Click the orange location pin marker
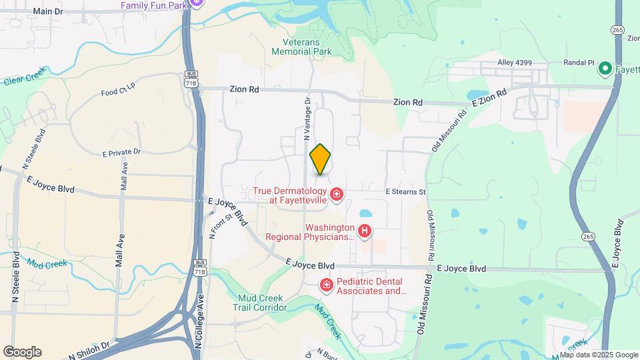click(321, 159)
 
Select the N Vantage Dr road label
click(307, 119)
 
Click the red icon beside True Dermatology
click(337, 195)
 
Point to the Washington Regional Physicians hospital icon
click(365, 231)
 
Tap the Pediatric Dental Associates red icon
click(326, 285)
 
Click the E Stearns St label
click(405, 191)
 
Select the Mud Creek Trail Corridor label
click(260, 303)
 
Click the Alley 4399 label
click(515, 63)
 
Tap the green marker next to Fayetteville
click(605, 68)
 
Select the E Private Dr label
click(122, 152)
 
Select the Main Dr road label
click(52, 11)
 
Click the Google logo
click(22, 351)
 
